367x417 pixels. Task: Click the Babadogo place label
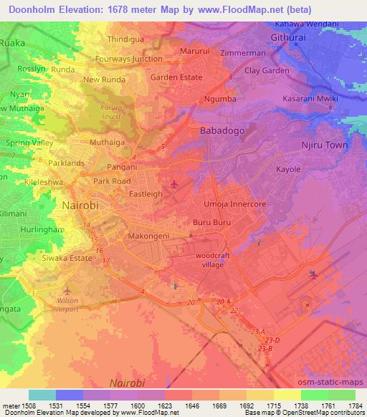[x=221, y=131]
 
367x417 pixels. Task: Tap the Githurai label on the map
[x=292, y=37]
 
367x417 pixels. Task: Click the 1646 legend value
[x=191, y=405]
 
